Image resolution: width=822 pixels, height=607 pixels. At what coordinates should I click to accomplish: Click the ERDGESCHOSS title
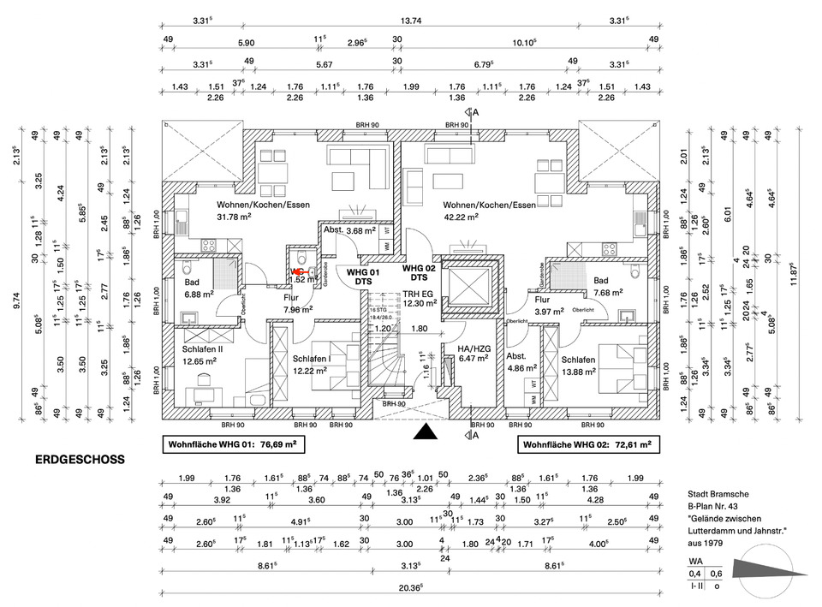80,460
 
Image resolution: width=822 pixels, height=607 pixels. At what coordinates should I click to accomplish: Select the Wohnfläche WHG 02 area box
587,445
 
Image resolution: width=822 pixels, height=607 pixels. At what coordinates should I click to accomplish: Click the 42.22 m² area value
463,217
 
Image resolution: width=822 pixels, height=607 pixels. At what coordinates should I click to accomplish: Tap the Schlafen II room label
203,348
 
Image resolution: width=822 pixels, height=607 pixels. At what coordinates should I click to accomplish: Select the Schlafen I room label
313,359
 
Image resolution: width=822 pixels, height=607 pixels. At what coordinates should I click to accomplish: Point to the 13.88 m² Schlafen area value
579,371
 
